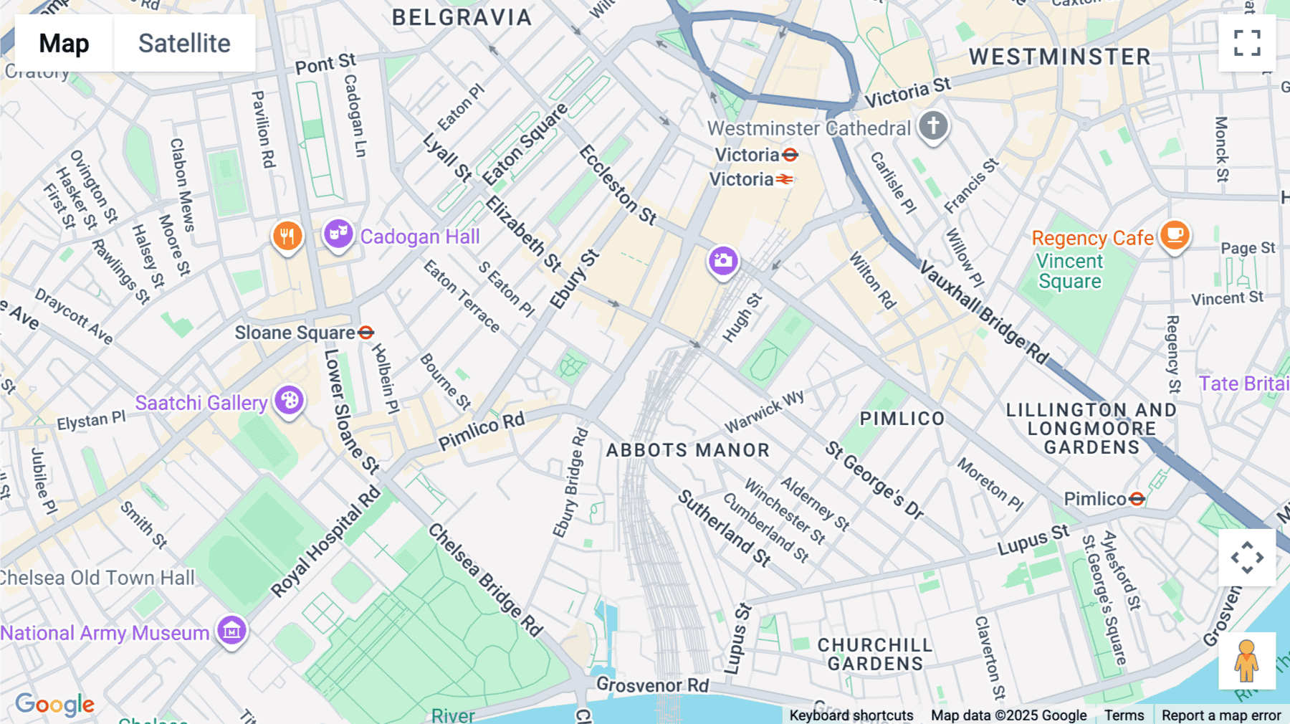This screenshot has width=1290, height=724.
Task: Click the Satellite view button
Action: pyautogui.click(x=184, y=43)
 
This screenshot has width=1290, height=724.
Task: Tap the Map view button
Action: pyautogui.click(x=64, y=43)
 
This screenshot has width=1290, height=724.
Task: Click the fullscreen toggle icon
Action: pyautogui.click(x=1247, y=43)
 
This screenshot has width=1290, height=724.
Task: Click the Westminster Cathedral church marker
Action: pyautogui.click(x=933, y=126)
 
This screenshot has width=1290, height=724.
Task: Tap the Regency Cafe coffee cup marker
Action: pyautogui.click(x=1175, y=234)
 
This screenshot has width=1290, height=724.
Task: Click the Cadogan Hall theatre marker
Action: pyautogui.click(x=338, y=234)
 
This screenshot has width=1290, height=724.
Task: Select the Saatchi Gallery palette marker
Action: pyautogui.click(x=290, y=400)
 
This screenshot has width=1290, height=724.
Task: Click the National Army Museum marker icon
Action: pyautogui.click(x=232, y=631)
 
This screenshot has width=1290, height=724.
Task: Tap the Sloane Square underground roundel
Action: pyautogui.click(x=365, y=333)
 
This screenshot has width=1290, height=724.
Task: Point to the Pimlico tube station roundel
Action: pyautogui.click(x=1137, y=498)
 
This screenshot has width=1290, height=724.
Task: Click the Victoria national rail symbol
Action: pyautogui.click(x=785, y=179)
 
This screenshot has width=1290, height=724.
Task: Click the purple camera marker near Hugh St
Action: pyautogui.click(x=723, y=261)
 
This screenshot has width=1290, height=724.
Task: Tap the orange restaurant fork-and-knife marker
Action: pyautogui.click(x=287, y=235)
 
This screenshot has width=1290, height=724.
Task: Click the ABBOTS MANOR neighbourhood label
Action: pyautogui.click(x=687, y=450)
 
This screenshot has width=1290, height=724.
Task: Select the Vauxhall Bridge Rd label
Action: pyautogui.click(x=984, y=313)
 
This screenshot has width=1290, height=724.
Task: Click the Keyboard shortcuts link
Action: pyautogui.click(x=851, y=715)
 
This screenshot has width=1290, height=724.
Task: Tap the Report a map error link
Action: pyautogui.click(x=1220, y=715)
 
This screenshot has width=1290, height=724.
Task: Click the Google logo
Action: pyautogui.click(x=55, y=704)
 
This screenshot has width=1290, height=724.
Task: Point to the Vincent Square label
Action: pyautogui.click(x=1069, y=271)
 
